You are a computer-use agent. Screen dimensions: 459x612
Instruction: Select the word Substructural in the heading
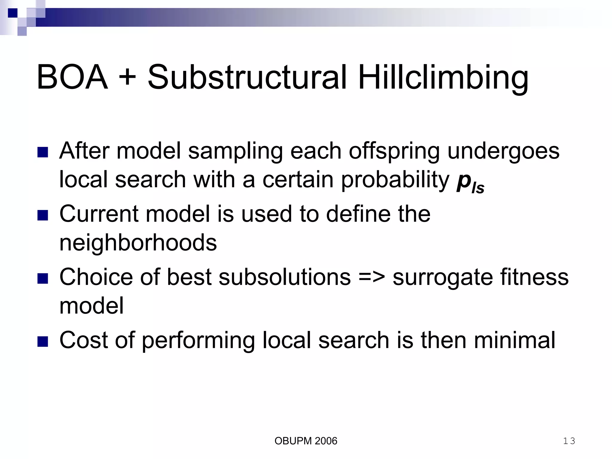coord(247,77)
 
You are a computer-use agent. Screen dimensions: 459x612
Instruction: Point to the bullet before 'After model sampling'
coord(43,152)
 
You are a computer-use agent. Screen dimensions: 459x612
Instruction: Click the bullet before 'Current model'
coord(43,215)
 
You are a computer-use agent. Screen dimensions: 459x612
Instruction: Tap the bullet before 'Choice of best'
coord(43,278)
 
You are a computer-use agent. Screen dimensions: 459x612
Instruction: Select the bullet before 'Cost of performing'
coord(43,341)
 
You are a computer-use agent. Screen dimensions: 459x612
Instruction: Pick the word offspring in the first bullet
coord(394,151)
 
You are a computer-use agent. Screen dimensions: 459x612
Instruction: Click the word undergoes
coord(503,151)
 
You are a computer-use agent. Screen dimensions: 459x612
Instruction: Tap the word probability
coord(395,180)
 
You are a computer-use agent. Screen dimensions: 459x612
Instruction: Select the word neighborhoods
coord(138,243)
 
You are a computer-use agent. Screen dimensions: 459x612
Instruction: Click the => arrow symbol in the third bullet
coord(371,277)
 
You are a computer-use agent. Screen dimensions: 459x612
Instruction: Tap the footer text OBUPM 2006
coord(306,441)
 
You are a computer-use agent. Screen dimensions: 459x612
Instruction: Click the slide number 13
coord(569,441)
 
